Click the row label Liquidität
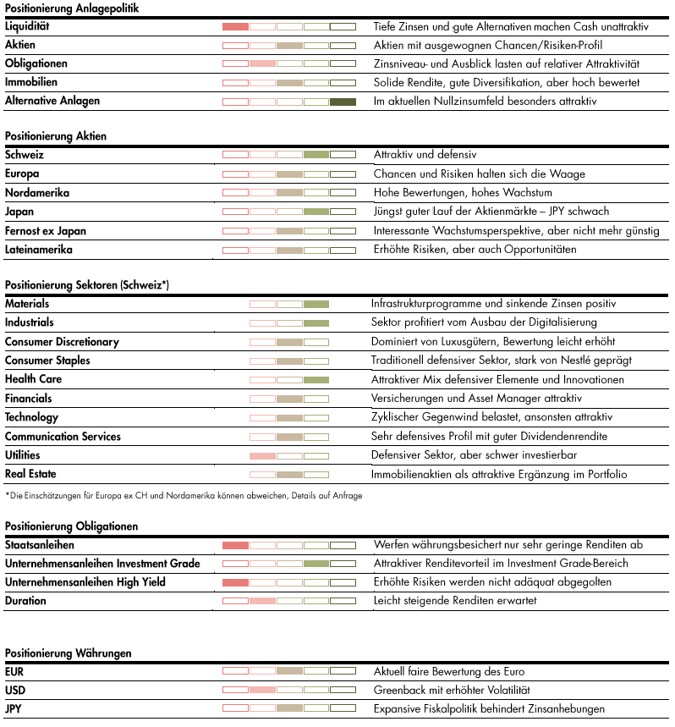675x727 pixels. coord(28,26)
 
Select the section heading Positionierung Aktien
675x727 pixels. coord(56,135)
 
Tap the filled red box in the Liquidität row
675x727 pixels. coord(235,27)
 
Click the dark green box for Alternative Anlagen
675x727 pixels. coord(343,102)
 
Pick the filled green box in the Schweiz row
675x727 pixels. coord(316,155)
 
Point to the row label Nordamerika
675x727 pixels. coord(37,193)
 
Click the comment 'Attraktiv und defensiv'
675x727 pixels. coord(425,155)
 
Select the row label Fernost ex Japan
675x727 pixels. coord(46,231)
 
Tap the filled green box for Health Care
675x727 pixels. coord(316,380)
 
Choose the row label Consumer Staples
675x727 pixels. coord(47,361)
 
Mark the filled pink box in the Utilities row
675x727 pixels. coord(262,456)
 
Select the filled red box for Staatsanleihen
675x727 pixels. coord(235,545)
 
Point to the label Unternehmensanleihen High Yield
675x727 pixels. coord(85,582)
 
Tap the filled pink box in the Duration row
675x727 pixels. coord(262,601)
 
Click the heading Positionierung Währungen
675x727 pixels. coord(69,653)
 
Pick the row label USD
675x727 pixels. coord(15,691)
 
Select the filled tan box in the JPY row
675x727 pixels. coord(289,708)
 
